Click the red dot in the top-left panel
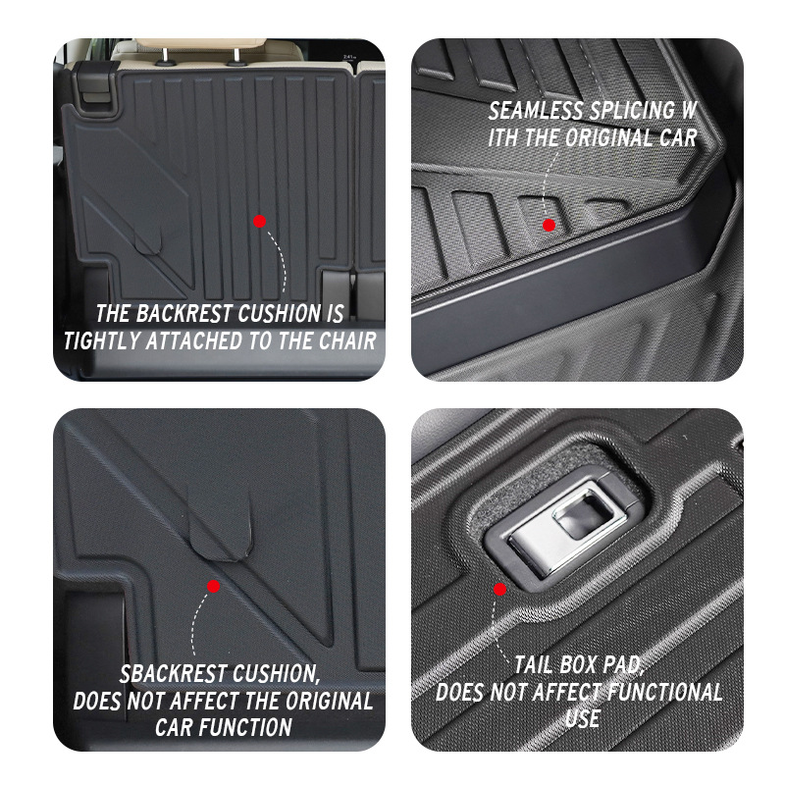pos(259,222)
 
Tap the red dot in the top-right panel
pos(549,225)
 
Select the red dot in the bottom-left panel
pos(213,586)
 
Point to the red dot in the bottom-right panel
pos(499,590)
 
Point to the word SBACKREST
pos(172,675)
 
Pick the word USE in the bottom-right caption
pos(582,717)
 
